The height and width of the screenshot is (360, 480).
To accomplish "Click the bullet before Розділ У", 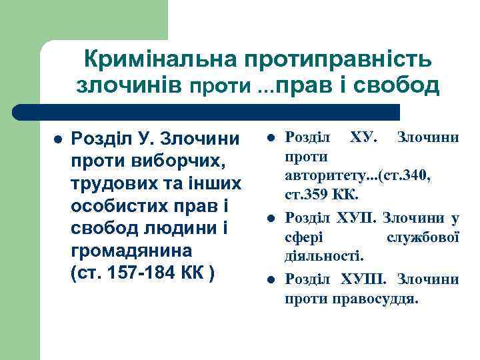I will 57,140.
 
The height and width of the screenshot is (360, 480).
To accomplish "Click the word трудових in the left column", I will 112,184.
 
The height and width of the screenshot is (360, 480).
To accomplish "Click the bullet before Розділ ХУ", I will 271,138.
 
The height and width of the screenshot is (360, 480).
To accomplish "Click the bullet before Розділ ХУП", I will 271,217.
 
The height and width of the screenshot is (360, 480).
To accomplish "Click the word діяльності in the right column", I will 324,255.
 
